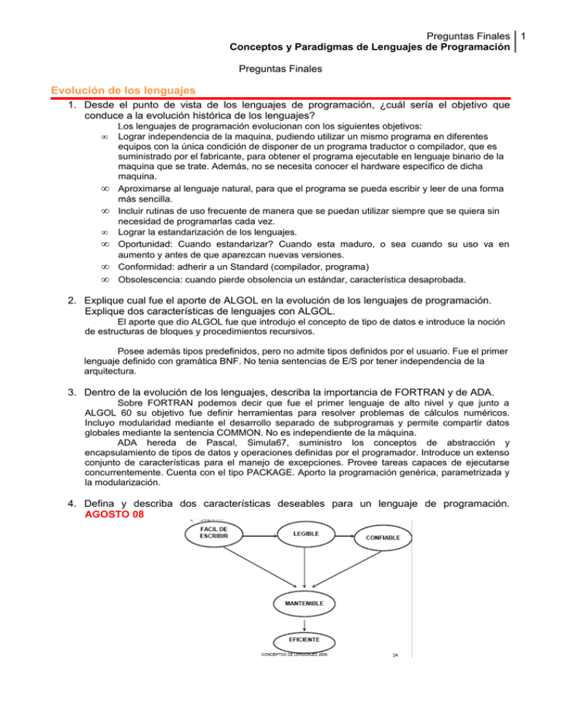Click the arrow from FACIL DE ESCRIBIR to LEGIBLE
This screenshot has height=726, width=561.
point(257,555)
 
